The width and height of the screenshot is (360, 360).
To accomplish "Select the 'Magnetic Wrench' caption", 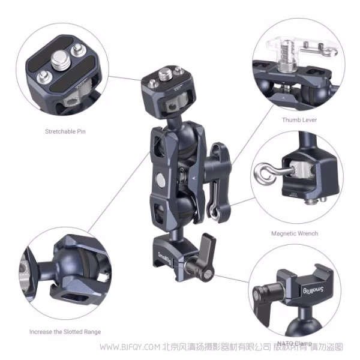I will click(x=295, y=233).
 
